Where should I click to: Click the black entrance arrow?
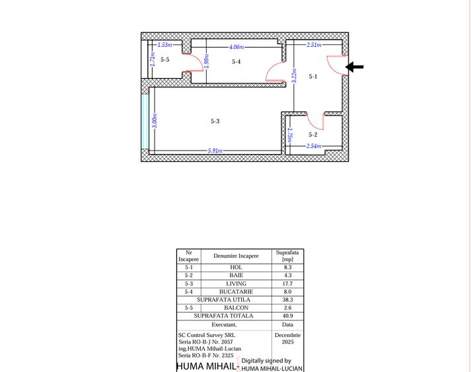[355, 67]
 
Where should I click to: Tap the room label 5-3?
[215, 121]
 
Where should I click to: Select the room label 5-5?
[165, 59]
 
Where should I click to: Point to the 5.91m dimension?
[215, 150]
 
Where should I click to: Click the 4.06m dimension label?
[236, 47]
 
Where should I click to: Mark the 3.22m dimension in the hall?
[295, 76]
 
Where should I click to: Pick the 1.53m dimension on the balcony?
[165, 45]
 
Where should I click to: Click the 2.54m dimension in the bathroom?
[314, 146]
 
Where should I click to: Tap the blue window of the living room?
[145, 122]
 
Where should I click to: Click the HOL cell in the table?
[236, 267]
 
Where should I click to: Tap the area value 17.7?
[287, 283]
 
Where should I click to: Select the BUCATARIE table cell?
[236, 291]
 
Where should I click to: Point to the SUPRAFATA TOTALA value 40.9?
[287, 316]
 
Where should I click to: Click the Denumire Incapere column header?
[236, 256]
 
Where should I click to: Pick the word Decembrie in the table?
[287, 335]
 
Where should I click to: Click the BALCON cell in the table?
[236, 308]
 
